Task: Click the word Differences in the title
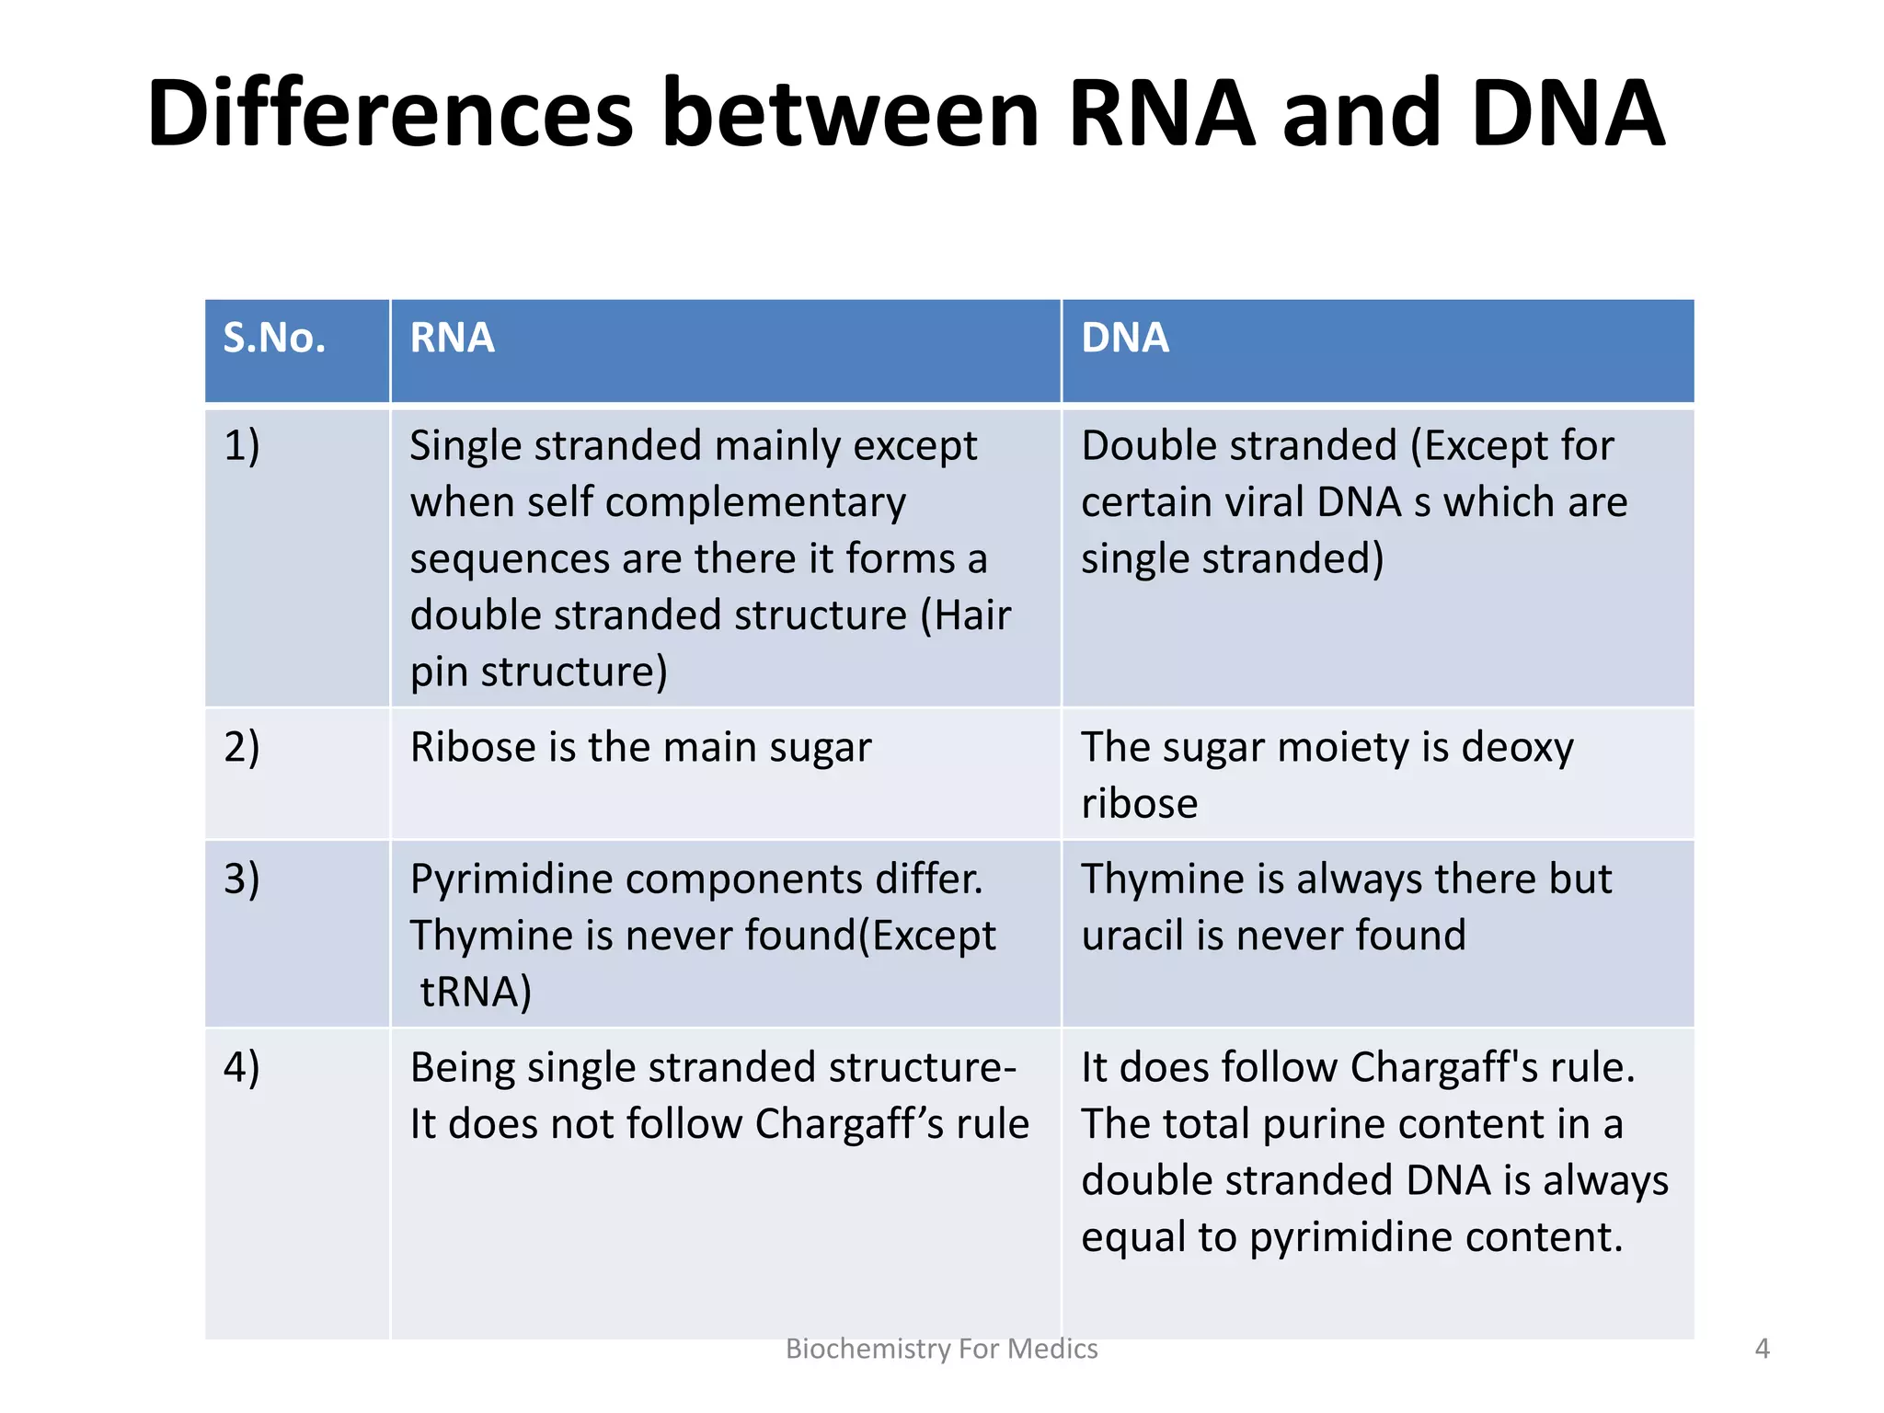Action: [389, 115]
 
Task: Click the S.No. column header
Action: [274, 339]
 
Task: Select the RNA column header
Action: [452, 339]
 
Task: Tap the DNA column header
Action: [1124, 339]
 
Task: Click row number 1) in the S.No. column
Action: [242, 446]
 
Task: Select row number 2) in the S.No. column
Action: [242, 747]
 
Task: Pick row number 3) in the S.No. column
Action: [242, 879]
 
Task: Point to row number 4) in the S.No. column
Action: [242, 1068]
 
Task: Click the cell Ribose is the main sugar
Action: [640, 747]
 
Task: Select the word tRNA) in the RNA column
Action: [476, 993]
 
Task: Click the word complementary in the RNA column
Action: [755, 503]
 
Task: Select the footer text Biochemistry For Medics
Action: [941, 1349]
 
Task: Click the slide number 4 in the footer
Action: [1762, 1349]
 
